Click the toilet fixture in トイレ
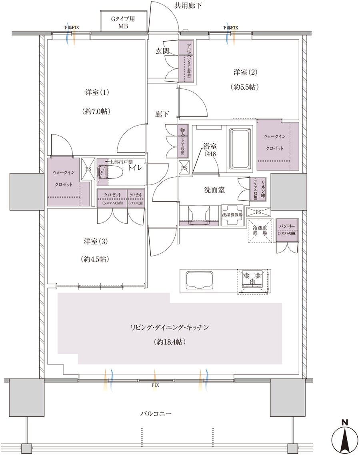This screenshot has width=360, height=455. (110, 172)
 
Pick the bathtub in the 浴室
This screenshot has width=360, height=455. (239, 148)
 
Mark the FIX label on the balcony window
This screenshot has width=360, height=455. (155, 385)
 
